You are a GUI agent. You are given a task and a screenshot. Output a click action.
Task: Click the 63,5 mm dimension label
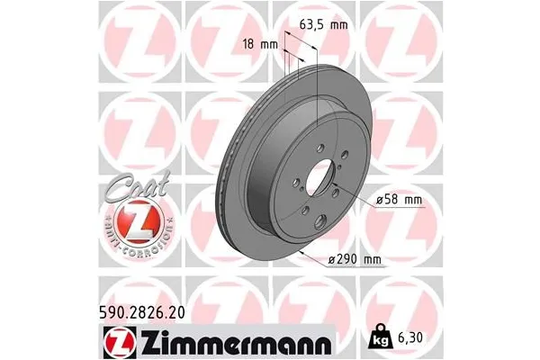point(322,25)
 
